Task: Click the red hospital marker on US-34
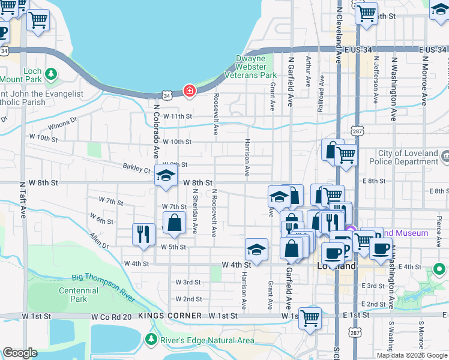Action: [190, 91]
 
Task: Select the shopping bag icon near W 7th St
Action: [173, 223]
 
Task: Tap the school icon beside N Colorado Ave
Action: [166, 176]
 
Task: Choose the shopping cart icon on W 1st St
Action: [310, 318]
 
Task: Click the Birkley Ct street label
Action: [139, 170]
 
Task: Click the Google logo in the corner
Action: [21, 353]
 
